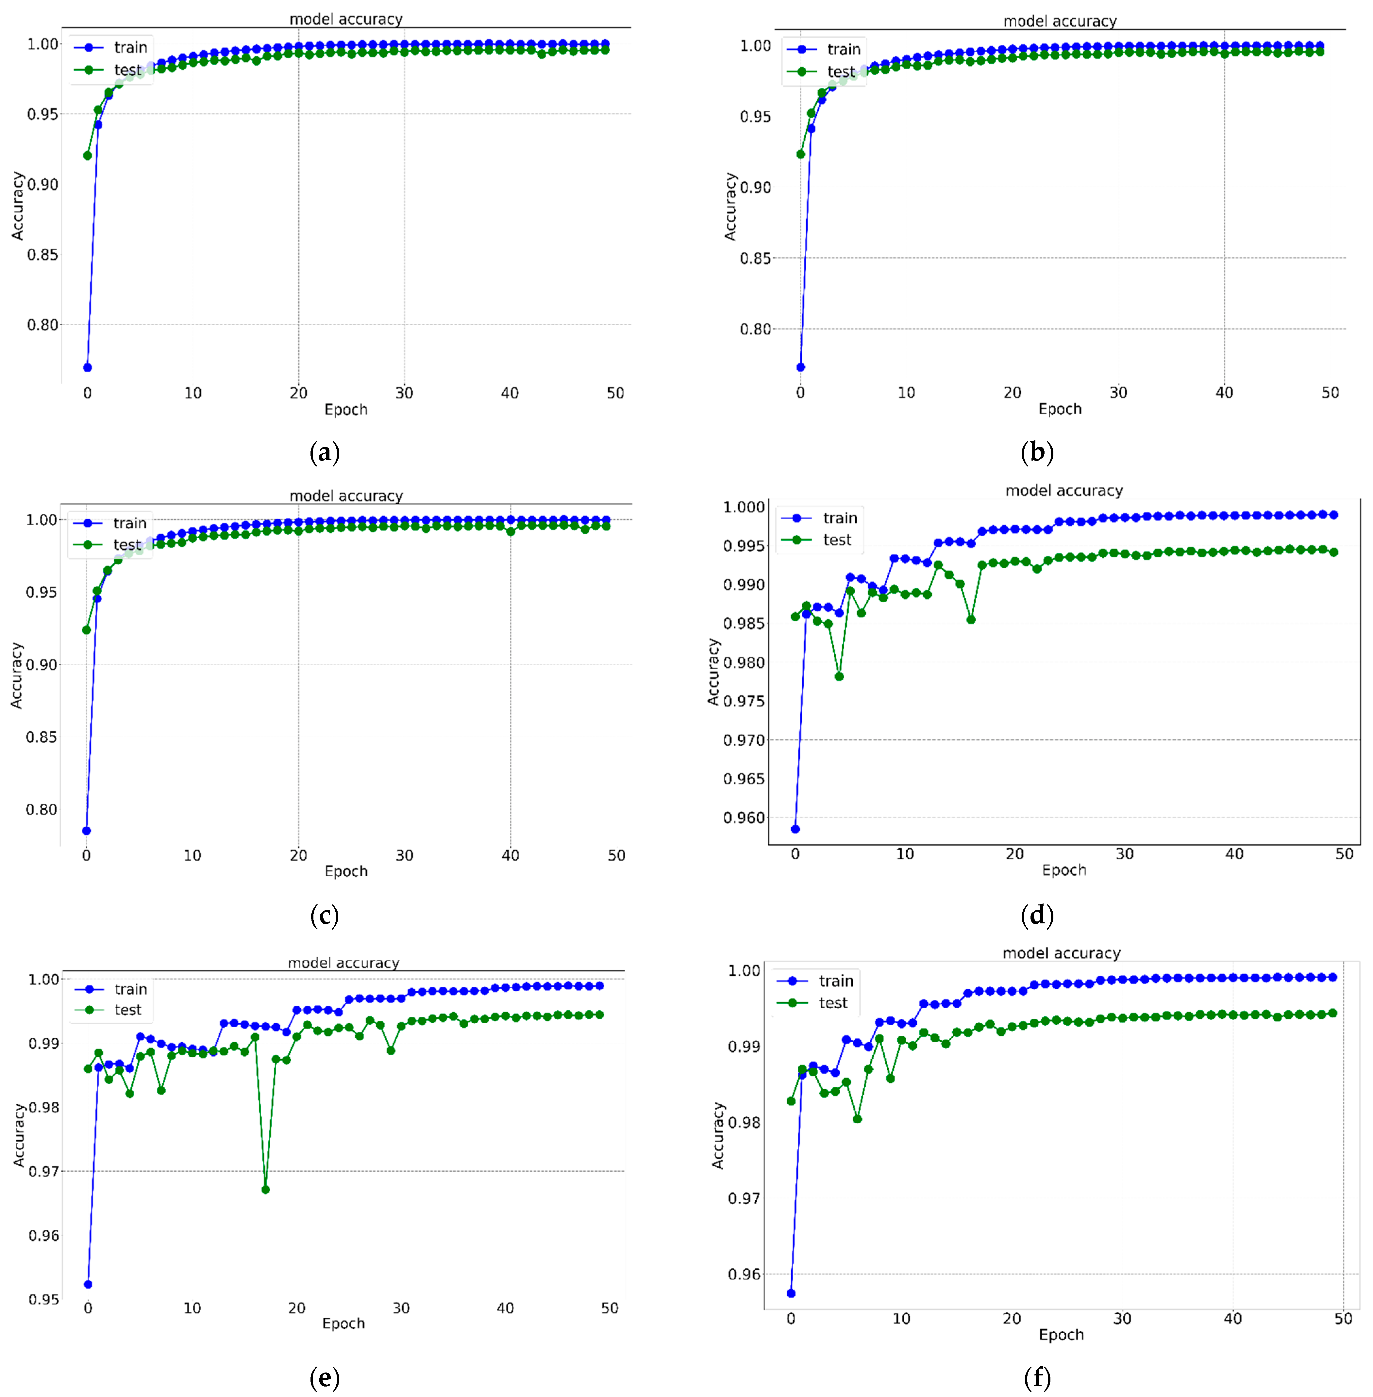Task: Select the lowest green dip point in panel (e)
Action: pos(265,1189)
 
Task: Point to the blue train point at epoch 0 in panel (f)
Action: pos(791,1293)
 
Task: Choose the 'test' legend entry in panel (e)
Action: pos(128,1010)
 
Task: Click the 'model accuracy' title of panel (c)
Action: pos(346,496)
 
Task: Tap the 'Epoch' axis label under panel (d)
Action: pos(1063,870)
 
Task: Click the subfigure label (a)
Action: pos(324,453)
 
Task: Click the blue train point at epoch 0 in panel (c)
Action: pos(87,830)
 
